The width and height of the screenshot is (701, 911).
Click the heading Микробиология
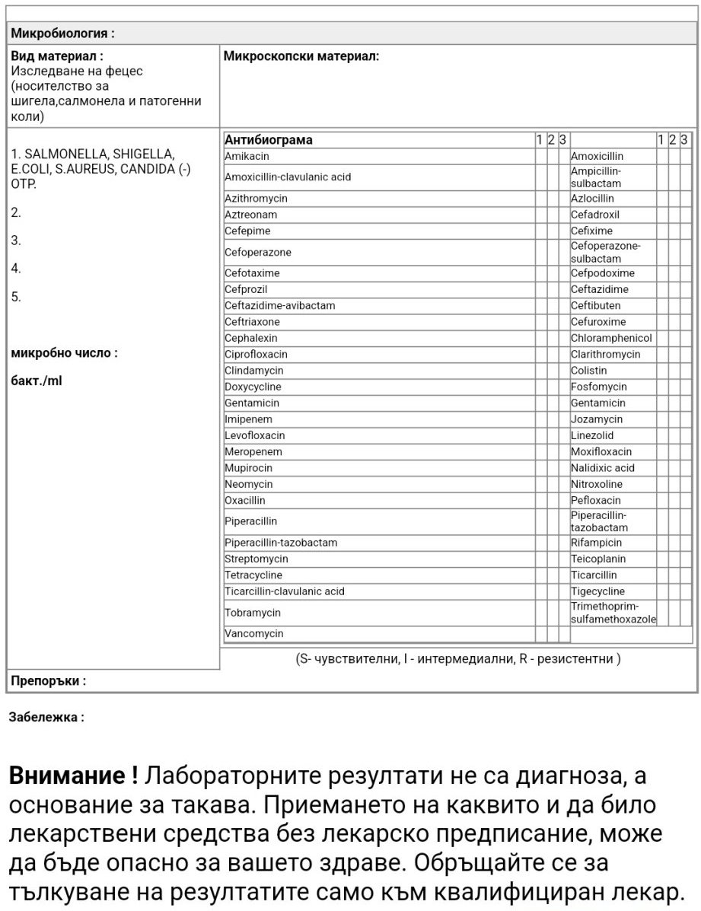click(x=62, y=33)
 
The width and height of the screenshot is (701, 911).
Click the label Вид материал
click(x=57, y=56)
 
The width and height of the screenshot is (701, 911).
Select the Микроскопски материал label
click(x=301, y=56)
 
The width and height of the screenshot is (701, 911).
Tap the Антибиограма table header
click(x=269, y=139)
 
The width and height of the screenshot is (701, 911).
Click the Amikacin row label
click(x=247, y=156)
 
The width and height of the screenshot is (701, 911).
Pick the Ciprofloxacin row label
click(x=256, y=354)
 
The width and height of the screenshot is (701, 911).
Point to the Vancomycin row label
click(x=254, y=633)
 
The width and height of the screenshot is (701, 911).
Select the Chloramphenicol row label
click(x=611, y=338)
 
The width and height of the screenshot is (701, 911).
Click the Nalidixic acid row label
click(x=602, y=467)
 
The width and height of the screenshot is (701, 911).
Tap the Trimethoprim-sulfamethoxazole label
click(x=613, y=613)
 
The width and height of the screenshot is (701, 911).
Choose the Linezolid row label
click(x=592, y=435)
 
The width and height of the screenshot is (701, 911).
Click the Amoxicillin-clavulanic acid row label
click(x=288, y=177)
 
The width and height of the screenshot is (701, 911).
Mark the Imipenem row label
click(x=248, y=419)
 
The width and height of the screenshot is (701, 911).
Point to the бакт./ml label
click(x=37, y=381)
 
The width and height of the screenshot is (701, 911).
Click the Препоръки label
click(x=47, y=681)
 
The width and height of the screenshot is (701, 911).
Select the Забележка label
click(x=46, y=717)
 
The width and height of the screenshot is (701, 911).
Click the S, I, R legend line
click(x=457, y=659)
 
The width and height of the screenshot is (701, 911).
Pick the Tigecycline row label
click(x=597, y=591)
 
